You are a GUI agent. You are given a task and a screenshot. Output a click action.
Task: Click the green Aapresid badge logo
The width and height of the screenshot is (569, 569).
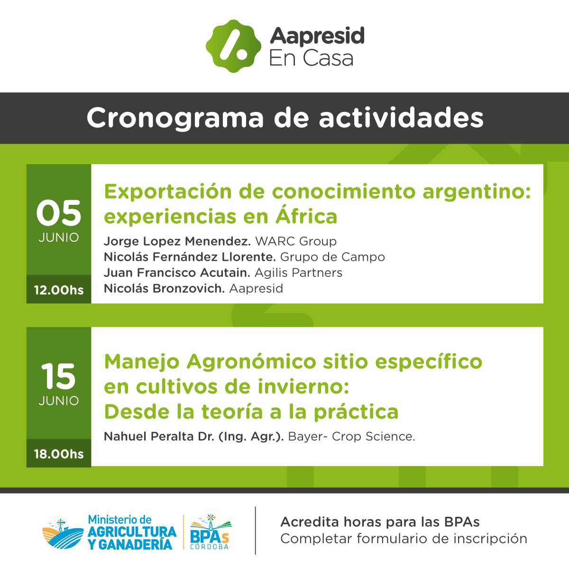(x=233, y=46)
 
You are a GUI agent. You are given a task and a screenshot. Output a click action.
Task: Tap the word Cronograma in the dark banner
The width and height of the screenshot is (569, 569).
(x=175, y=118)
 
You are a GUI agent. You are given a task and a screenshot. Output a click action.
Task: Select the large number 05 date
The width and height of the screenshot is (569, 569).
(x=59, y=213)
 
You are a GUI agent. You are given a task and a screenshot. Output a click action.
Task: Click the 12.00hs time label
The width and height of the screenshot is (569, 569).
(x=59, y=290)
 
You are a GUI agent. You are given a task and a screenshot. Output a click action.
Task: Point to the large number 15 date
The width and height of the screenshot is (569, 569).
(x=58, y=376)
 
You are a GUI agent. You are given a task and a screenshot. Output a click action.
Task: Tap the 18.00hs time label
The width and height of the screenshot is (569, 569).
(x=59, y=454)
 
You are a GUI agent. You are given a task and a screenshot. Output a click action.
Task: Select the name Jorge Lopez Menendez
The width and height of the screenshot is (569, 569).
(x=177, y=241)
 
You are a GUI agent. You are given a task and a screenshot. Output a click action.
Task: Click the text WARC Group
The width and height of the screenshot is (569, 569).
(x=296, y=241)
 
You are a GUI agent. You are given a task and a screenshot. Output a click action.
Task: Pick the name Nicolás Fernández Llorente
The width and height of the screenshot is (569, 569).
(x=190, y=257)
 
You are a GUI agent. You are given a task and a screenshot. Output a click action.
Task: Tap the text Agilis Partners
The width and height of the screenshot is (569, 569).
(x=298, y=273)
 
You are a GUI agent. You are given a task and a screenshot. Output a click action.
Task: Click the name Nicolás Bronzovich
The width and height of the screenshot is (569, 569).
(x=164, y=288)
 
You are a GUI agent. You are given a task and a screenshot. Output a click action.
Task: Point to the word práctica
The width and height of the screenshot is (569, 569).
(x=356, y=412)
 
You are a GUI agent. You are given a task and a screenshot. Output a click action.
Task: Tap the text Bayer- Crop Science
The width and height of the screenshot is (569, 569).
(x=351, y=436)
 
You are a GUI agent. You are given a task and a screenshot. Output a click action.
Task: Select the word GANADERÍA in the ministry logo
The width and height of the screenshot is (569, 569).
(x=135, y=545)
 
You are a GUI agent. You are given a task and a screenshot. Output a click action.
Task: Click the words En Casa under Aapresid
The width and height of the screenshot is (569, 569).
(x=311, y=58)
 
